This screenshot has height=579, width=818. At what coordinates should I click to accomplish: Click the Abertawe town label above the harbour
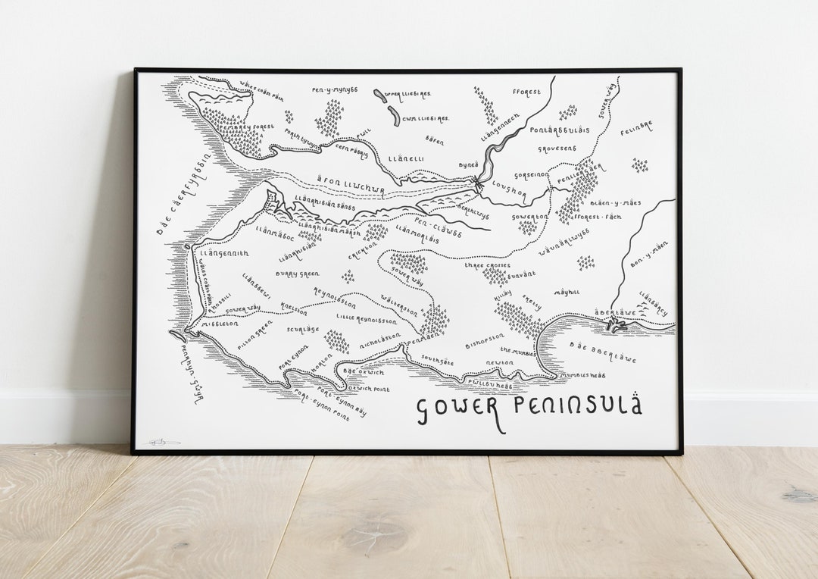pos(614,311)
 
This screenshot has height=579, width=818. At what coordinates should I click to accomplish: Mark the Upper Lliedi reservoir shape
pos(379,96)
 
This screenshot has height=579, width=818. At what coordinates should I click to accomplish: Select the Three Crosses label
pos(487,266)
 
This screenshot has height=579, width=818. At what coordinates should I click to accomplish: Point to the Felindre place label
pos(636,127)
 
